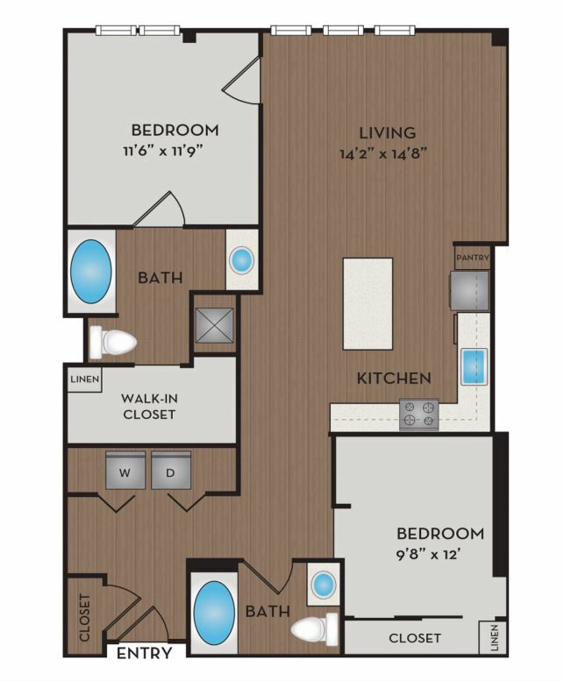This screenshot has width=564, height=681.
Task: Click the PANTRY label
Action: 472,258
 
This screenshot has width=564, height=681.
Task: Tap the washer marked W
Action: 125,471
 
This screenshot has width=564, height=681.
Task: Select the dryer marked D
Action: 171,471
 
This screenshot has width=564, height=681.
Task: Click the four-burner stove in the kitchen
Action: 419,415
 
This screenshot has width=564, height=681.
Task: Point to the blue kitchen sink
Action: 473,367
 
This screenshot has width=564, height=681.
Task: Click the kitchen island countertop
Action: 368,303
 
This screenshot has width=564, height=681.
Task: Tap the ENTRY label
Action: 144,653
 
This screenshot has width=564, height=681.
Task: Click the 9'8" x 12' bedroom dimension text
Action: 428,555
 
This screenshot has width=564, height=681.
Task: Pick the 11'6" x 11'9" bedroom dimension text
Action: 163,152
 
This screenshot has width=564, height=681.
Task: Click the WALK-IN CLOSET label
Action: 149,406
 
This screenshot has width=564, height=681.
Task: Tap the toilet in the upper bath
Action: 112,342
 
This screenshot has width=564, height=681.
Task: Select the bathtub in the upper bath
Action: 91,272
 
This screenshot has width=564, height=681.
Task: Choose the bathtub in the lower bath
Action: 214,612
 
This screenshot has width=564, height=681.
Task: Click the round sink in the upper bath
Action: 241,260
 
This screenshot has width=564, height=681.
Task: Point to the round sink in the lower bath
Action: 324,584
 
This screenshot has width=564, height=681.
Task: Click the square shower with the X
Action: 215,325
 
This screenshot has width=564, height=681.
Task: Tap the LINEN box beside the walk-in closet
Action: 85,380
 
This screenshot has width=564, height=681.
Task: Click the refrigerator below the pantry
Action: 470,290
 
